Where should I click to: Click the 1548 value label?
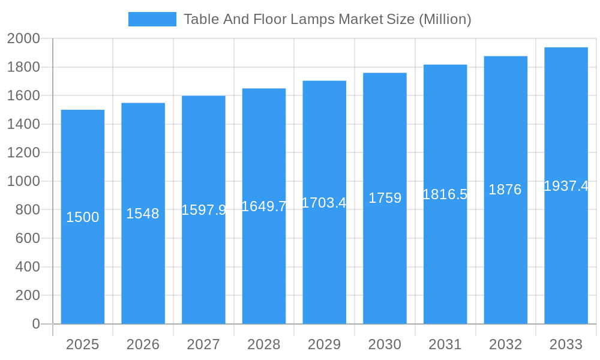(143, 214)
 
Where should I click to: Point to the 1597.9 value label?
(203, 210)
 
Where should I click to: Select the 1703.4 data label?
(324, 203)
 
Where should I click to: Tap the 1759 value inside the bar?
(385, 198)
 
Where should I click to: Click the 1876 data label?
(505, 190)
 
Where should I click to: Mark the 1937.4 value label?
(566, 186)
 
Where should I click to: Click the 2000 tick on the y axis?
(23, 39)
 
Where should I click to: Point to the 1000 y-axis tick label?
(23, 181)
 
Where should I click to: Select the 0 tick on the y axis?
(36, 324)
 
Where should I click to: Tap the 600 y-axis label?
(28, 238)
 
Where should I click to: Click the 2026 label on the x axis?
(143, 344)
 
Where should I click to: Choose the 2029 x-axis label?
(324, 344)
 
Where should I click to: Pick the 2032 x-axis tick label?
(505, 344)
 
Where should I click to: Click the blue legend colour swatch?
(152, 19)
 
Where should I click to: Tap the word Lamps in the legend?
(312, 19)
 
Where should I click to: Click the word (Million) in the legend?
(445, 19)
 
